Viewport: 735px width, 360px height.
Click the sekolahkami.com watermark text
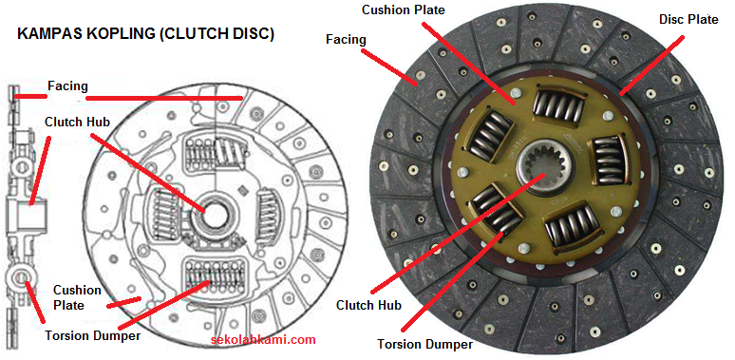(x=262, y=339)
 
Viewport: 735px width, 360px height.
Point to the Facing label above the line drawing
(x=67, y=86)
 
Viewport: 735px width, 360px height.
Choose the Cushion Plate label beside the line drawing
(x=77, y=296)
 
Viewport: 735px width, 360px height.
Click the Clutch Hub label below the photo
(x=369, y=305)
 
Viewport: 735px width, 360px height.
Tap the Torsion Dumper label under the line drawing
(x=92, y=334)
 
